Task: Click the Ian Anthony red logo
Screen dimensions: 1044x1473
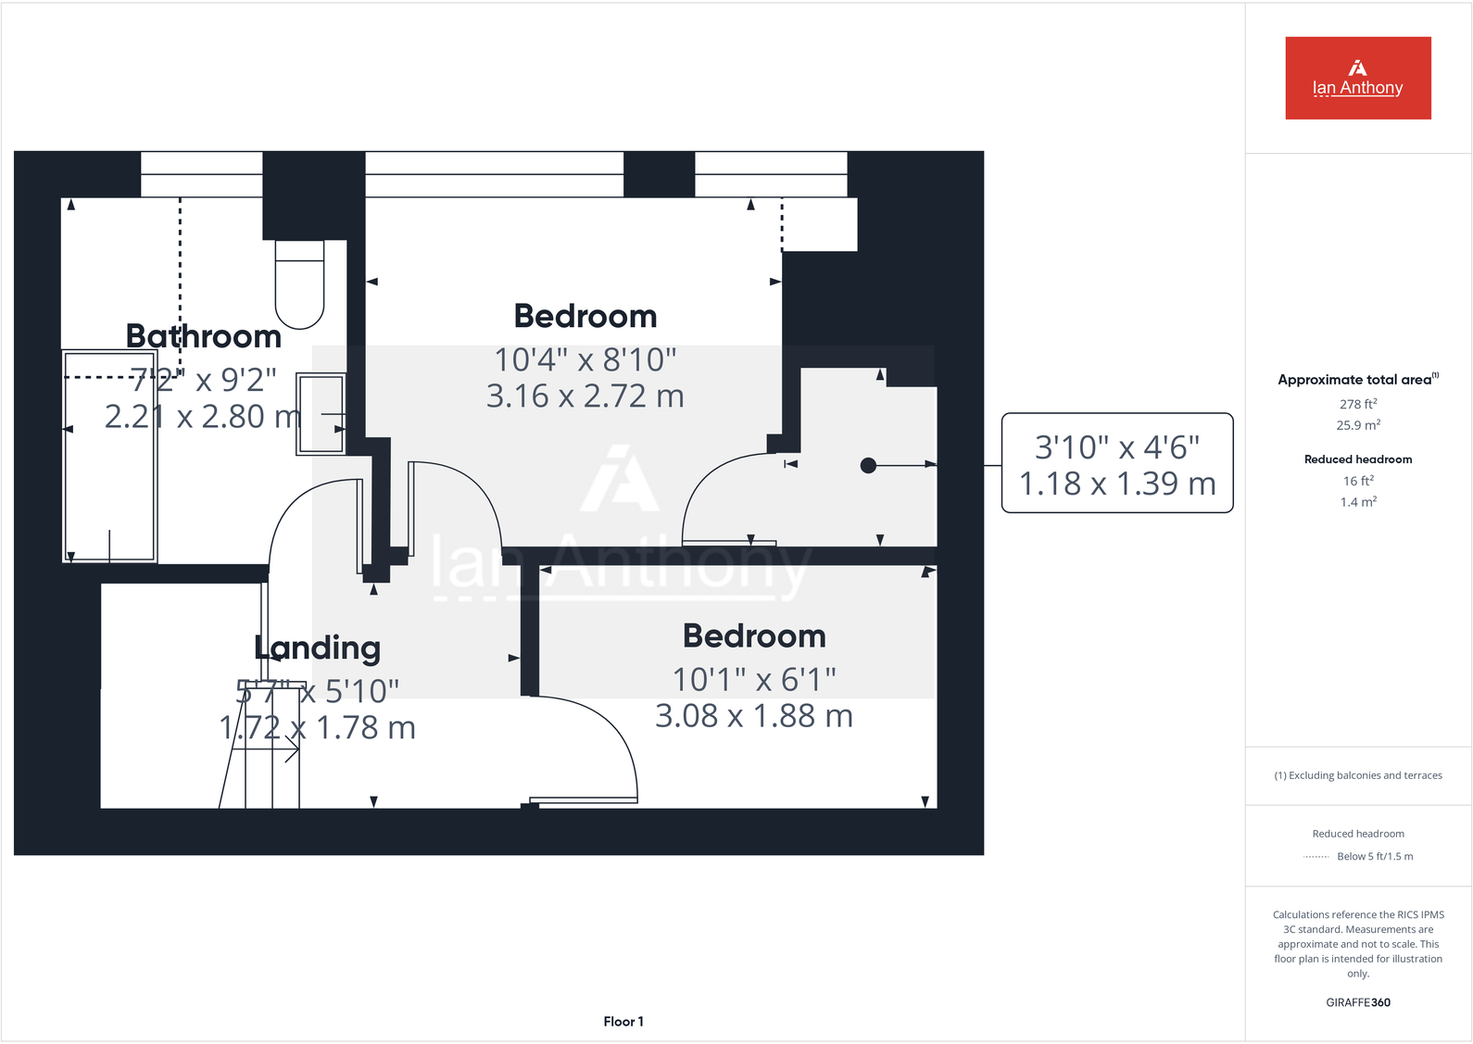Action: point(1357,78)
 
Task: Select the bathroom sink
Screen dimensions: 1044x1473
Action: point(321,413)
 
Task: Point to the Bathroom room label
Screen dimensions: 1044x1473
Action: point(204,336)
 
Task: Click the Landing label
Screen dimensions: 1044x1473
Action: point(318,648)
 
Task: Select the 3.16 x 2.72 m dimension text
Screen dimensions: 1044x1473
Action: point(585,396)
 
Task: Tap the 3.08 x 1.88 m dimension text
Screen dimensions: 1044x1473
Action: point(753,716)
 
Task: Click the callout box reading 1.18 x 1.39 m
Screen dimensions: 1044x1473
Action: point(1117,463)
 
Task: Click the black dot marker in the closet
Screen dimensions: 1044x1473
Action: point(868,465)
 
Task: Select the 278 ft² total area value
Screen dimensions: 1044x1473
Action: point(1357,404)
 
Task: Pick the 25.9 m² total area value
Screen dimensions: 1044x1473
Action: point(1357,425)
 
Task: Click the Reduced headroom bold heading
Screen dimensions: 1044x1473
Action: point(1357,459)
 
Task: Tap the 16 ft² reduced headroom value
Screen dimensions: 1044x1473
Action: point(1357,481)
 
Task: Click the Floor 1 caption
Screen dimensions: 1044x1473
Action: point(623,1021)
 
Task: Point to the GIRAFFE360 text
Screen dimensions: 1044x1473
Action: point(1357,1002)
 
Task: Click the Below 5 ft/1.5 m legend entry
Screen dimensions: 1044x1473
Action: point(1374,856)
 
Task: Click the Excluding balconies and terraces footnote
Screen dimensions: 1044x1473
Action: point(1357,775)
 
